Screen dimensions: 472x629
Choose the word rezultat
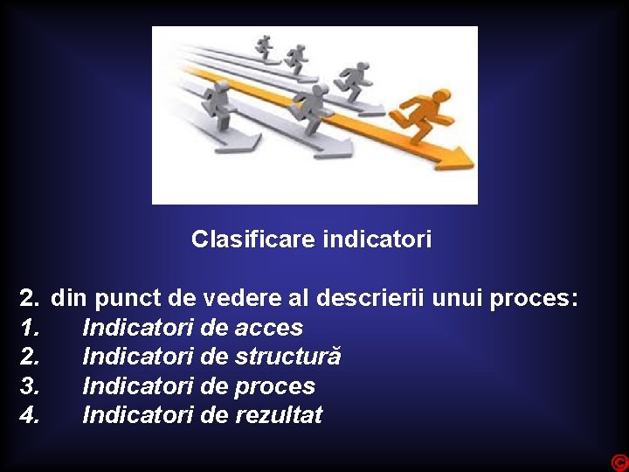point(279,415)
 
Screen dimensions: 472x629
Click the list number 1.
point(29,328)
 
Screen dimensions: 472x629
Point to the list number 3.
point(29,386)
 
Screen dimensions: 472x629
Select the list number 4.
point(29,415)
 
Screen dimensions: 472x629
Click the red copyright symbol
point(619,462)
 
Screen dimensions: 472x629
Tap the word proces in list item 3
point(274,386)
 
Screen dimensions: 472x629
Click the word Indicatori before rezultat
point(138,415)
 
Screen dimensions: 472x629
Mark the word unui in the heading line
point(457,298)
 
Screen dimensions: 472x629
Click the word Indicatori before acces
point(138,328)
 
